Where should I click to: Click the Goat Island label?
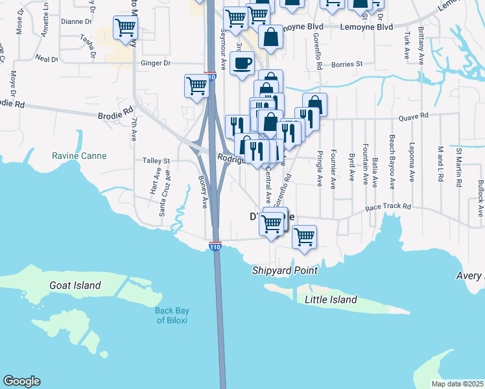75,285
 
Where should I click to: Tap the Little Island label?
331,300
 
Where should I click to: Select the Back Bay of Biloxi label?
172,315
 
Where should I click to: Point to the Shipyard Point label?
285,270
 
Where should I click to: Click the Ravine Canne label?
79,156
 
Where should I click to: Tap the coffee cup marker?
242,64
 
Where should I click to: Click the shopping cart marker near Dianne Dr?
124,28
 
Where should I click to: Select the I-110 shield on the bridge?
215,246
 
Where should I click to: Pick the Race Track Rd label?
388,207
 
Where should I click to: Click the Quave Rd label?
414,116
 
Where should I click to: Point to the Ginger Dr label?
156,64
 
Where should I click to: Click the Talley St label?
156,161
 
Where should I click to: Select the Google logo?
21,381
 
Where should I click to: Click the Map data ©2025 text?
456,384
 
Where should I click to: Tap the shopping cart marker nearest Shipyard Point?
303,237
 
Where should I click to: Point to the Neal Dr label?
47,58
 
